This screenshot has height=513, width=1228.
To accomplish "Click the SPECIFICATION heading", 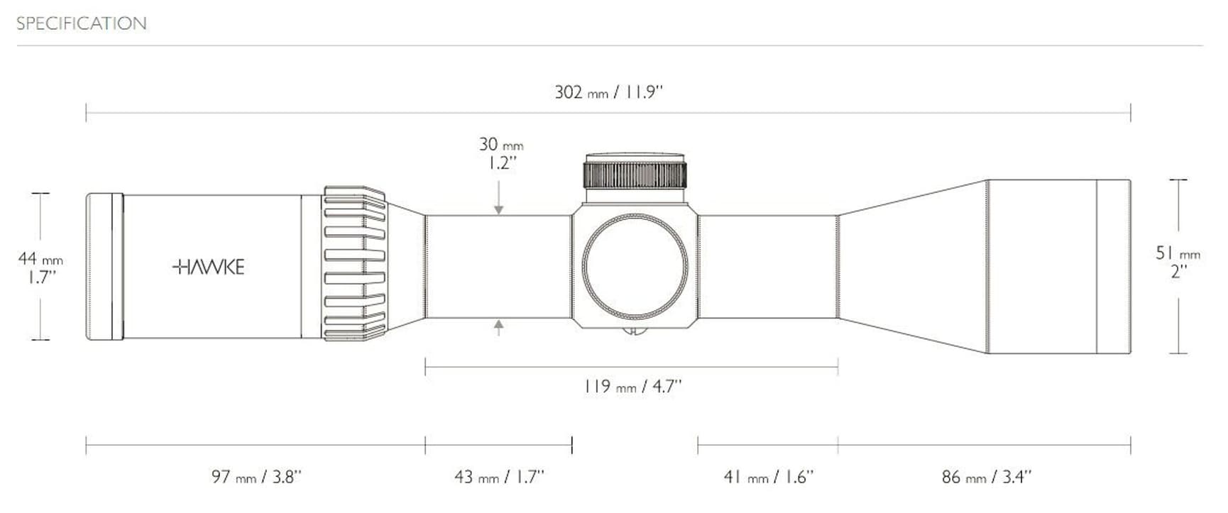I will click(82, 23).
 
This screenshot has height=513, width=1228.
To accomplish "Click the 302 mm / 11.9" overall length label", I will click(608, 92).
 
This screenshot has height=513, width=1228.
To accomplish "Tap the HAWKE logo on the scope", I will click(209, 267).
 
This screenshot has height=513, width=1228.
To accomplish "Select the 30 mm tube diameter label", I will click(500, 145).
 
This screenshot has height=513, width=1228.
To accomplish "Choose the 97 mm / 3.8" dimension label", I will click(256, 477).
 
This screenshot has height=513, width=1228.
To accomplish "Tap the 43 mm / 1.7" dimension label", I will click(499, 477).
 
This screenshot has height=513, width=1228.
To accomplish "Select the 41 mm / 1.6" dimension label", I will click(768, 477).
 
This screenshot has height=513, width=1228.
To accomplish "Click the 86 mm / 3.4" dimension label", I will click(986, 477).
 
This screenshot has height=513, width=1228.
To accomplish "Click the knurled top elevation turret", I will click(635, 173).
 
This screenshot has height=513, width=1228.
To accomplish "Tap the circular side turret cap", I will click(635, 267).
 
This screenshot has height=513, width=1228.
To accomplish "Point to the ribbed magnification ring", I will click(354, 264).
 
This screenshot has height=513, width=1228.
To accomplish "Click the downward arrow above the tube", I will click(499, 206).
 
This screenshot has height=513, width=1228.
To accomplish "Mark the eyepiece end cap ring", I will click(104, 267).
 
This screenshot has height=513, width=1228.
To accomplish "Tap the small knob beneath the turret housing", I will click(634, 330).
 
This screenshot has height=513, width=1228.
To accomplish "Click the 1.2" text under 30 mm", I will click(501, 163).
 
